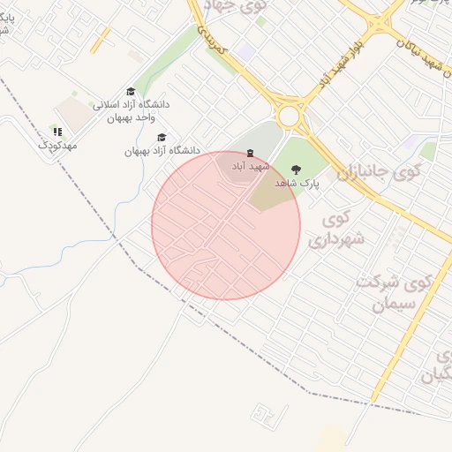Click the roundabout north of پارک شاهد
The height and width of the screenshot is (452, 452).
pos(289,116)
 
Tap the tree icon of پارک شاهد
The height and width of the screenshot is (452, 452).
pos(295,169)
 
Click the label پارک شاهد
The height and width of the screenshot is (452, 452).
pos(296,183)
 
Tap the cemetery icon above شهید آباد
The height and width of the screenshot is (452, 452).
pos(249,154)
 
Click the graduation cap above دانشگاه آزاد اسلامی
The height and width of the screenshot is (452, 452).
pos(131,92)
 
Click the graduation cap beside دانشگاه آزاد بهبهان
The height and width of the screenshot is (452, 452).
pos(161,138)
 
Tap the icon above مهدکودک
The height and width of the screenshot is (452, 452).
pos(57,132)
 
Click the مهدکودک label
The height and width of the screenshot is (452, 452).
pos(57,144)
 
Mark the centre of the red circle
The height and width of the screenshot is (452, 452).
pos(226,225)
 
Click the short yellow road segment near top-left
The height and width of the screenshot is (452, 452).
pos(101,39)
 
